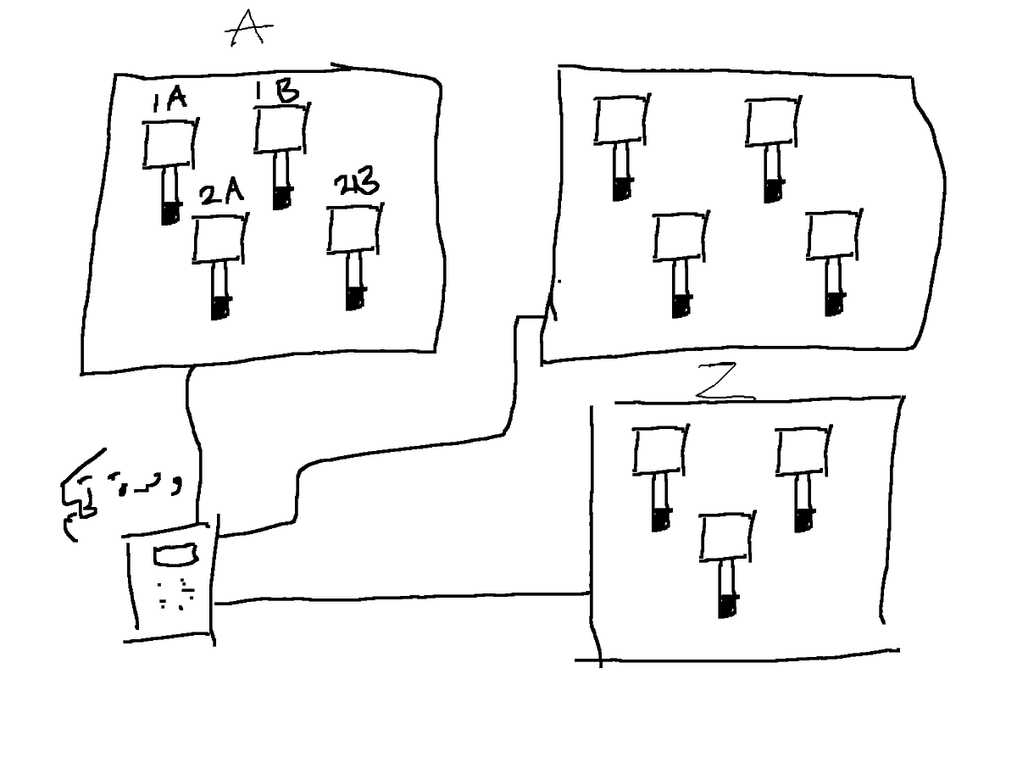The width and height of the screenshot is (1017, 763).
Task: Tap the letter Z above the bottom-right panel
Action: pyautogui.click(x=725, y=385)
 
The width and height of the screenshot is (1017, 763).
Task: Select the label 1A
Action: pyautogui.click(x=169, y=102)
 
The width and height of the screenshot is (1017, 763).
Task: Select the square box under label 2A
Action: pyautogui.click(x=220, y=239)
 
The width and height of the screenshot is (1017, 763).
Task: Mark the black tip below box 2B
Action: pyautogui.click(x=354, y=298)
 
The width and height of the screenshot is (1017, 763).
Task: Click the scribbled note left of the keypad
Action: pyautogui.click(x=119, y=492)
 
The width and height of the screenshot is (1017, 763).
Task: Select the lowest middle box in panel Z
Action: pyautogui.click(x=726, y=537)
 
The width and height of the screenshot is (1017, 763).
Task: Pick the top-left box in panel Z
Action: pyautogui.click(x=659, y=450)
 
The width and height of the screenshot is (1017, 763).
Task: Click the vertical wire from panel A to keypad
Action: pyautogui.click(x=194, y=441)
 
